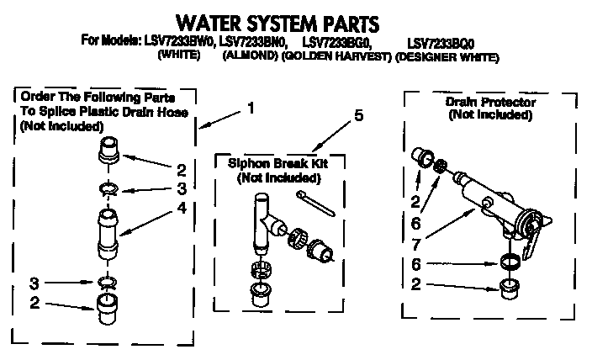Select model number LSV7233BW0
pyautogui.click(x=177, y=41)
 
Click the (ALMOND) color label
pyautogui.click(x=249, y=57)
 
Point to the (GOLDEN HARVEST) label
pyautogui.click(x=336, y=57)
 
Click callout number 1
pyautogui.click(x=250, y=107)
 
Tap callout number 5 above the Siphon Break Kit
pyautogui.click(x=358, y=117)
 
